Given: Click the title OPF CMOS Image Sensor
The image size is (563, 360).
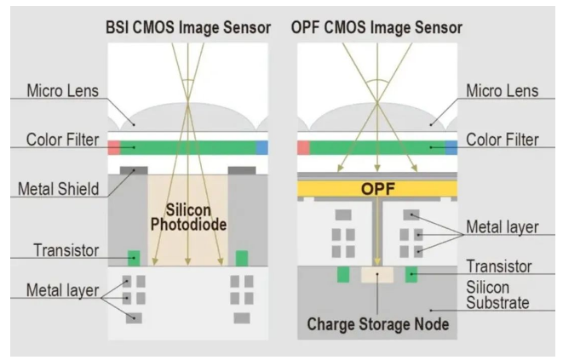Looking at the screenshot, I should (378, 26).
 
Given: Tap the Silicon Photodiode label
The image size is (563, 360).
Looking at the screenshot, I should (188, 218).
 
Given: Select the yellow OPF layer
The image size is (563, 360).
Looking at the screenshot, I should (377, 188).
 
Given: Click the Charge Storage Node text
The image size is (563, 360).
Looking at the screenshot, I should (378, 324).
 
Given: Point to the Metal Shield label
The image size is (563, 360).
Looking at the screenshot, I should (59, 187).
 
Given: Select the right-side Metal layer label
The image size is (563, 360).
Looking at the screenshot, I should (503, 228).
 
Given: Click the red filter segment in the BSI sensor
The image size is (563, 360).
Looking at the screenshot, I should (112, 147).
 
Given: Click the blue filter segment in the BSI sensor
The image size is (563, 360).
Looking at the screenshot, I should (261, 147).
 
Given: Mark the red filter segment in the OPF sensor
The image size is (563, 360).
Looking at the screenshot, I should (302, 147).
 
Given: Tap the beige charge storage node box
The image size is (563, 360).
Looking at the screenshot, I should (376, 274).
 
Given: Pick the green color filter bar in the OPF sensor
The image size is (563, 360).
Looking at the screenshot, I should (376, 147).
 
